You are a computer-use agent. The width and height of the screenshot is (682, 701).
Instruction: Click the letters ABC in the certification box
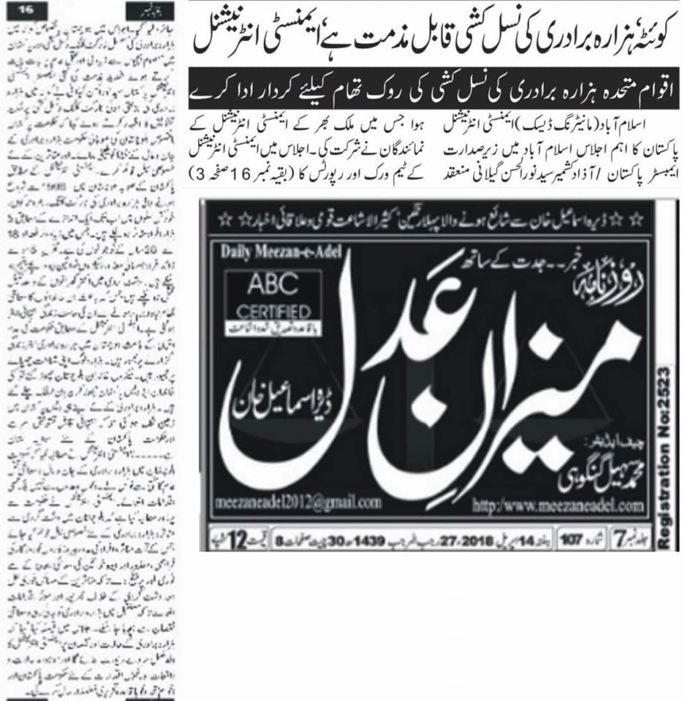click(x=273, y=286)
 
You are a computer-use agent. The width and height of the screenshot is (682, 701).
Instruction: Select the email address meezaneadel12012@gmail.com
click(x=298, y=502)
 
